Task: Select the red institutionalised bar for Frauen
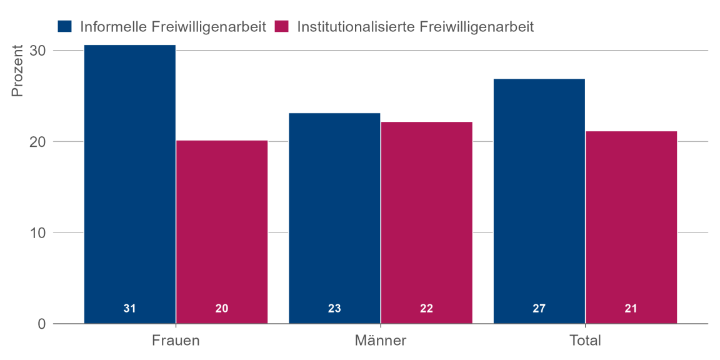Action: (222, 231)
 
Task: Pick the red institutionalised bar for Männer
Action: (426, 222)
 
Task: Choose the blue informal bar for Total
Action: (539, 200)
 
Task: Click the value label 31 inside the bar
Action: (130, 308)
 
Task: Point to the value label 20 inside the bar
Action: (222, 308)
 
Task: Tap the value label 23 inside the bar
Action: (334, 308)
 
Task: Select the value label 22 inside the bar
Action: (426, 308)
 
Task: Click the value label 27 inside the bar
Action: (539, 308)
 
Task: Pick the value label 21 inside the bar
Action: (631, 308)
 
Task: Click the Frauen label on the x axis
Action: (176, 341)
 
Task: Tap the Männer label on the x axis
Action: (381, 341)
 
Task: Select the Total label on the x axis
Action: (585, 341)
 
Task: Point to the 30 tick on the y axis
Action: (38, 51)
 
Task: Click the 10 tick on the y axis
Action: (38, 233)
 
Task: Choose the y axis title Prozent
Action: (17, 71)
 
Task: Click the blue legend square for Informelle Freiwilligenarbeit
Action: (65, 26)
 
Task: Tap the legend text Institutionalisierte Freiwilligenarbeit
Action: (415, 26)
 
